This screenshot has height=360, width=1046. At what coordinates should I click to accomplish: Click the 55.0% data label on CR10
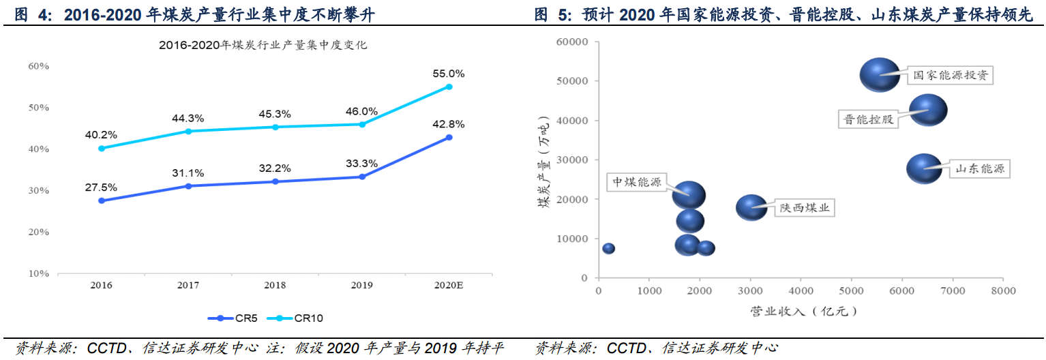[449, 74]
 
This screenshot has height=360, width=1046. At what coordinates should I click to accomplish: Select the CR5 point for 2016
[102, 200]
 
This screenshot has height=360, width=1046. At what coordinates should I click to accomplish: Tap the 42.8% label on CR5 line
[449, 124]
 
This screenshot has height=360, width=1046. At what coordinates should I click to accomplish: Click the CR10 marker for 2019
[362, 124]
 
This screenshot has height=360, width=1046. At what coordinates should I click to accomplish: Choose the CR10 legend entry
[295, 318]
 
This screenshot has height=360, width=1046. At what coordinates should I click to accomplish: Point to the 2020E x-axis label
[449, 286]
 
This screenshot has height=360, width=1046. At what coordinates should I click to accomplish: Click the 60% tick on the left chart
[38, 66]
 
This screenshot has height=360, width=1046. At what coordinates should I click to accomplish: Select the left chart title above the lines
[263, 46]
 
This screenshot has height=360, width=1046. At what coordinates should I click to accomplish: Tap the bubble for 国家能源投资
[880, 75]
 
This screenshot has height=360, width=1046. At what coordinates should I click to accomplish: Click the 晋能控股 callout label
[867, 119]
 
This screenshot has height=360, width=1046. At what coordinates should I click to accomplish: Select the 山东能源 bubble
[924, 168]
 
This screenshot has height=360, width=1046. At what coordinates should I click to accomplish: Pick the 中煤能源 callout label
[636, 182]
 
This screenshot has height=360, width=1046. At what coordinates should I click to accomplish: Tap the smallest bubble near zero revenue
[608, 248]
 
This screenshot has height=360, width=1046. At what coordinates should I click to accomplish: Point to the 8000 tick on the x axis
[1002, 291]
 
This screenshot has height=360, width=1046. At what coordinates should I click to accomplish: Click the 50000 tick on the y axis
[572, 81]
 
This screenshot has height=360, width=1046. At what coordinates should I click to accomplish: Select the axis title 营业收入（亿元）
[803, 311]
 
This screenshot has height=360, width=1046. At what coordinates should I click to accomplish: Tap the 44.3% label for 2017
[188, 118]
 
